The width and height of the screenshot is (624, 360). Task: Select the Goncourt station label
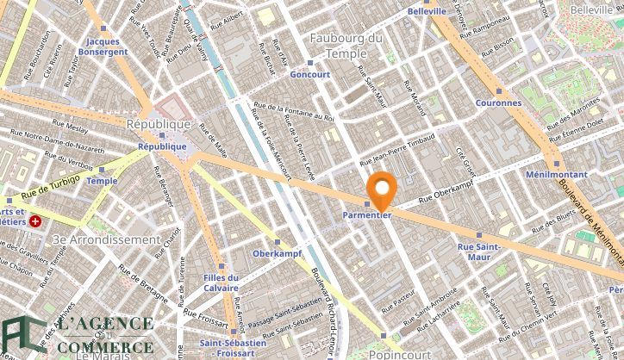coord(311,74)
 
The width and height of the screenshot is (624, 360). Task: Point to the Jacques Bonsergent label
coord(103,47)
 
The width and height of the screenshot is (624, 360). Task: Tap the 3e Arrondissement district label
coord(106,239)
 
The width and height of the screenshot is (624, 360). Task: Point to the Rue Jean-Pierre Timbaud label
coord(397,151)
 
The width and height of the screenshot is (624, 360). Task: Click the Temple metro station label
coord(102,181)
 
